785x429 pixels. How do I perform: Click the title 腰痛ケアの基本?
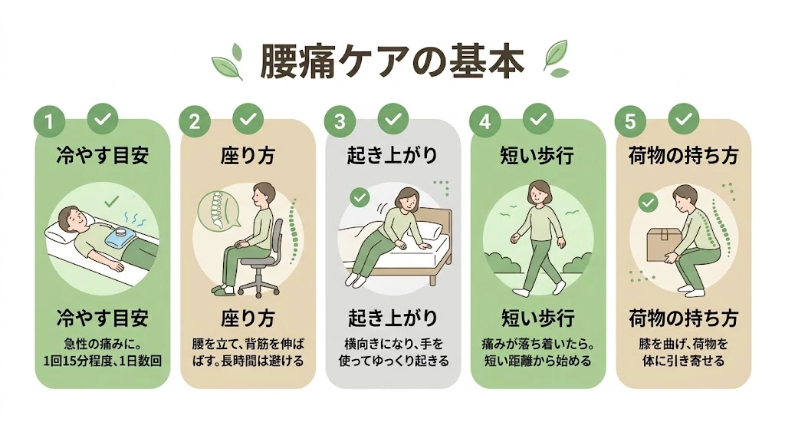(x=392, y=62)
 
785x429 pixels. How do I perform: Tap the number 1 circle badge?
(x=48, y=121)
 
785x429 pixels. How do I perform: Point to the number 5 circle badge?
(x=630, y=121)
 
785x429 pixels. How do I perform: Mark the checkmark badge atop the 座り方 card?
(x=247, y=118)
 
